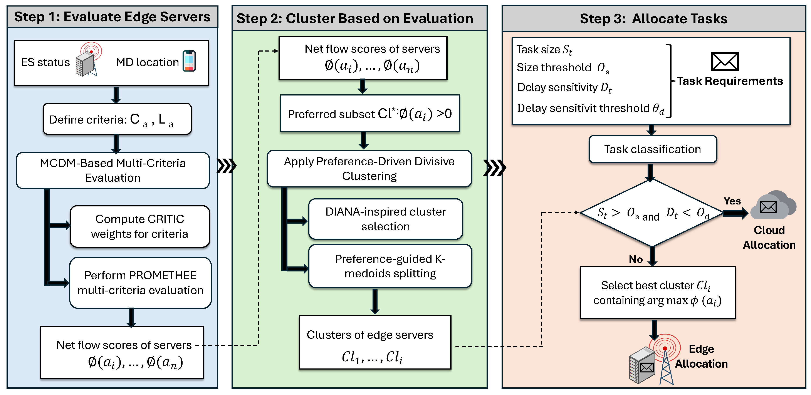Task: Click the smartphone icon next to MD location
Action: [189, 61]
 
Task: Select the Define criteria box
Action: [117, 119]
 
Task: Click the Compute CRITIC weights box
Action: [139, 226]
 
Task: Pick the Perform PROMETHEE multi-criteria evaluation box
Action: [140, 283]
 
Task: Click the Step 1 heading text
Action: [112, 17]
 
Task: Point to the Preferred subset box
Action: [370, 113]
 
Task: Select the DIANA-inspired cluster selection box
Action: [385, 219]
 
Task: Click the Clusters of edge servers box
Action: [375, 342]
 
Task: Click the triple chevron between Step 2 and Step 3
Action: [495, 168]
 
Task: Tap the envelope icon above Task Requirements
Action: [725, 62]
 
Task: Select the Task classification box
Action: [652, 149]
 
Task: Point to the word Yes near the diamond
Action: [732, 201]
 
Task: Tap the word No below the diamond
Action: [635, 259]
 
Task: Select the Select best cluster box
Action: [657, 293]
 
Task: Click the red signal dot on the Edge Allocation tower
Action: [665, 348]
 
